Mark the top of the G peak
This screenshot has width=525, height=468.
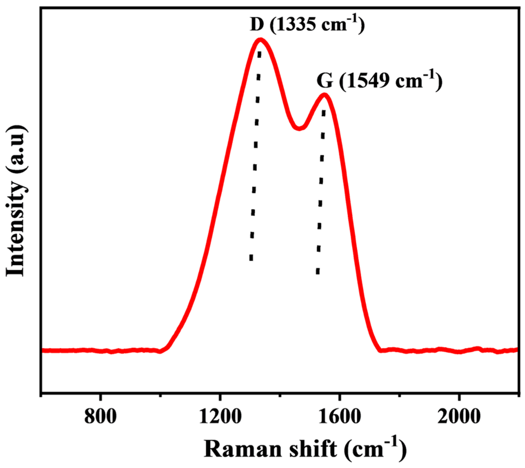pyautogui.click(x=325, y=95)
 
